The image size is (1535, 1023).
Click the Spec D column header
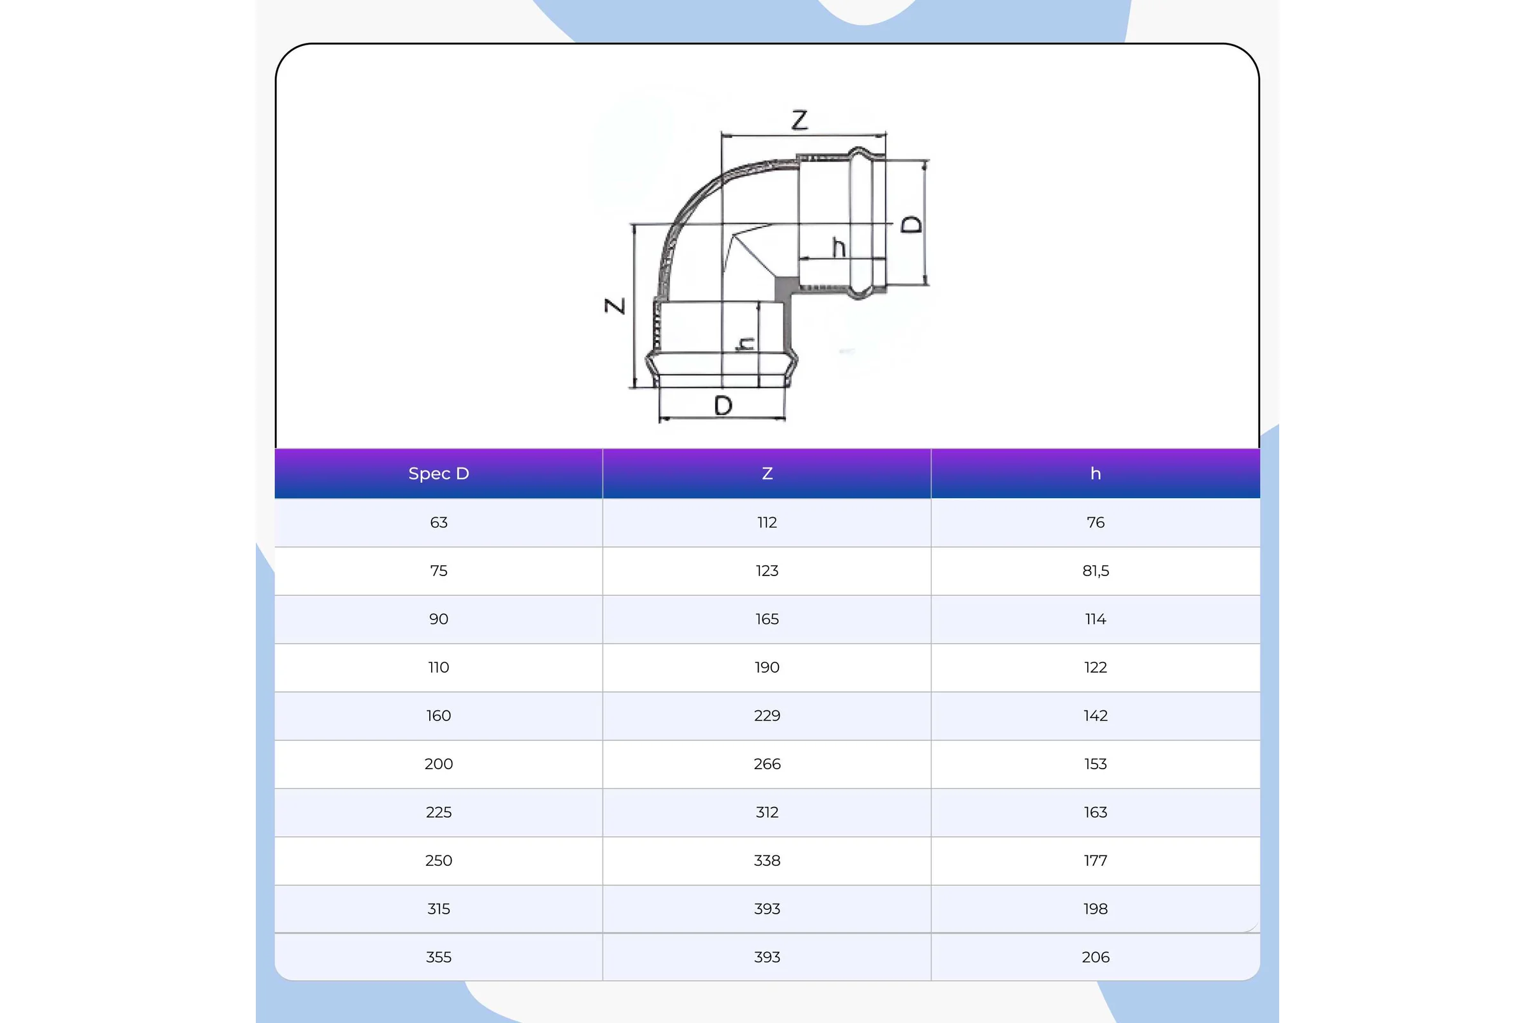click(439, 474)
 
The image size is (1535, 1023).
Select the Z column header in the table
click(767, 474)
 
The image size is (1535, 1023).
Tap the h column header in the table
click(1095, 474)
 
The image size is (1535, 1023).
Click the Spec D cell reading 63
click(439, 522)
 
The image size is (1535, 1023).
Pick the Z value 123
click(767, 571)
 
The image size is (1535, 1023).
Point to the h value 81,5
click(1095, 571)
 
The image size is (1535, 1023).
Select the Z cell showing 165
click(767, 619)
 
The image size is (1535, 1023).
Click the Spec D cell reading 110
click(439, 668)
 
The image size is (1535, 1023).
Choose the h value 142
click(1095, 715)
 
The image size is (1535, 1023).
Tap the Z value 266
click(767, 764)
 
